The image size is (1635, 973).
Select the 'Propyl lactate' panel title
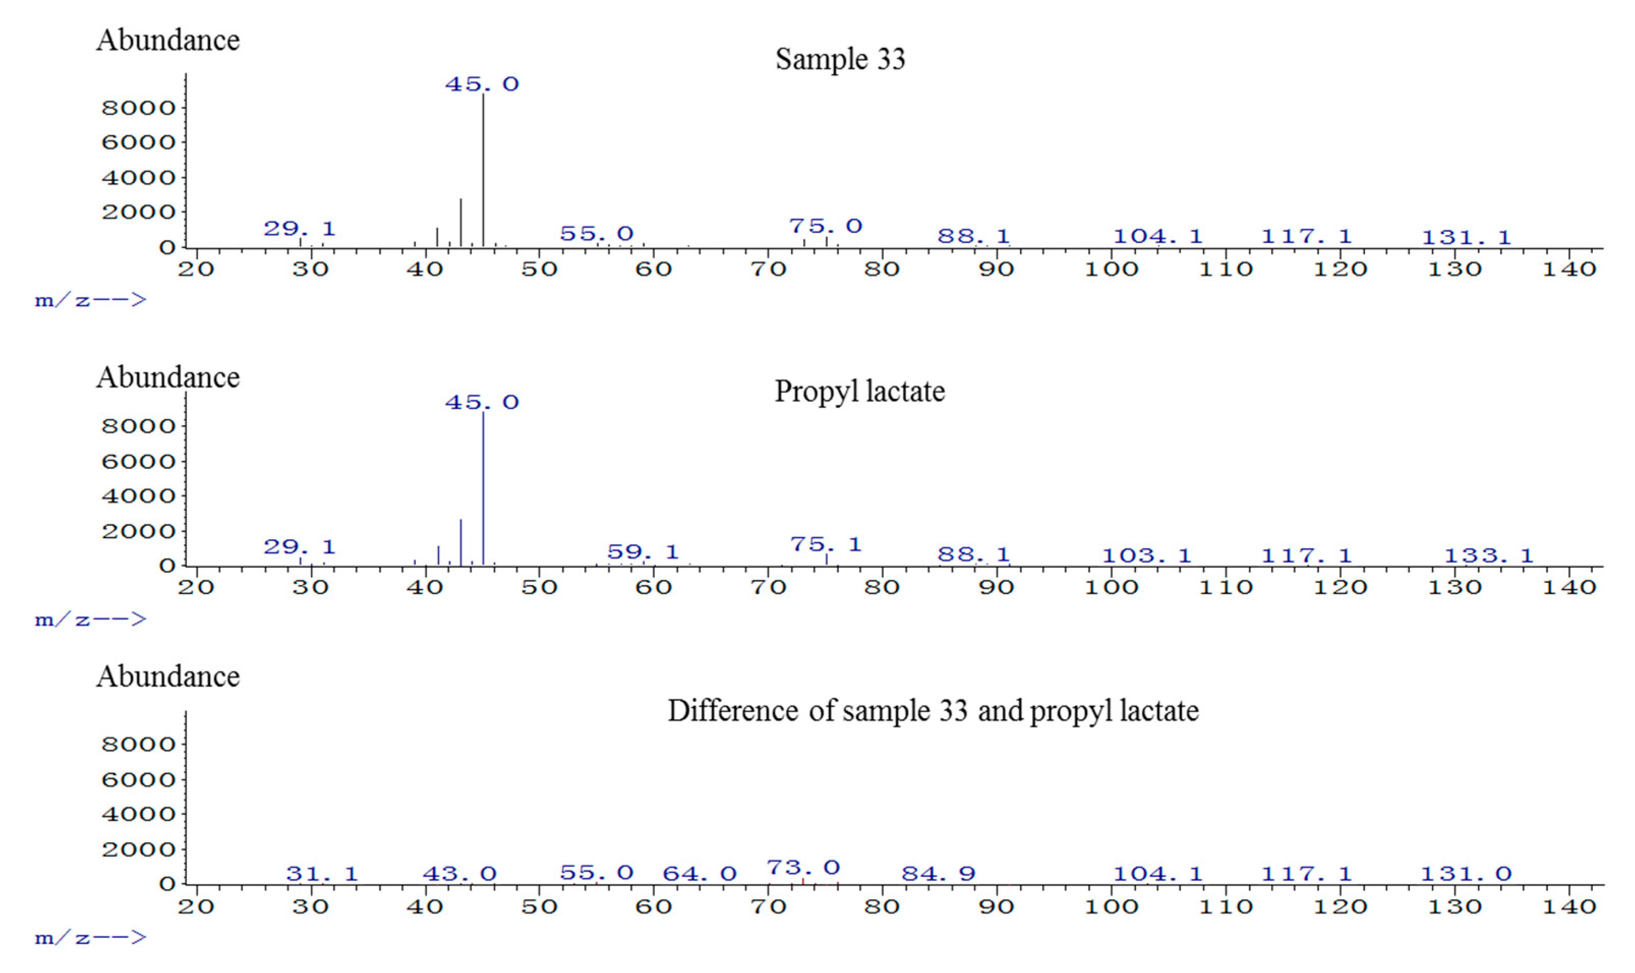click(859, 392)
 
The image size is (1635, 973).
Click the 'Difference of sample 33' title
click(933, 711)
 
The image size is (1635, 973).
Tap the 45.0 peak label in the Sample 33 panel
click(482, 84)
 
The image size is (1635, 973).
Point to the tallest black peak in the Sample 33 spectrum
click(483, 170)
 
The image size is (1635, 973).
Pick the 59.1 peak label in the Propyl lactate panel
click(642, 551)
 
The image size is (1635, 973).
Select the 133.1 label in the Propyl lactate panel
click(1489, 556)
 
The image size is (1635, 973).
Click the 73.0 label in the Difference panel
click(803, 868)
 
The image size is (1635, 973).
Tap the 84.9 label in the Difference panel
click(938, 873)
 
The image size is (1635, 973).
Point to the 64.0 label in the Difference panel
click(699, 873)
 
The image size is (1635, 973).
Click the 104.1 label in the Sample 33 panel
click(1158, 236)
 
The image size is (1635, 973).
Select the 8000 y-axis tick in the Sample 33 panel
click(138, 107)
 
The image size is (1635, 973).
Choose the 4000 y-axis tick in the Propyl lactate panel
click(138, 496)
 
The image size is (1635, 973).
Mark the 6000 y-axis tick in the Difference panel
click(138, 780)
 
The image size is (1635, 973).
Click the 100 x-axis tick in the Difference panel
click(1111, 907)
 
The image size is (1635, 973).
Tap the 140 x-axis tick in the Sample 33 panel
click(1569, 269)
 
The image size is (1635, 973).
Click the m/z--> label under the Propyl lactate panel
click(91, 619)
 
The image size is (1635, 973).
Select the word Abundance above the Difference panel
click(168, 676)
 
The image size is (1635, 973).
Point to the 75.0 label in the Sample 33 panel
click(825, 226)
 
